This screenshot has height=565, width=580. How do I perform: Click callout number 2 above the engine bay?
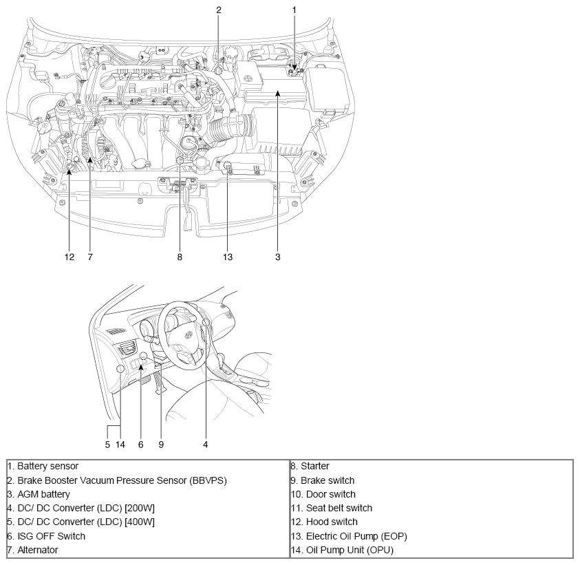pos(219,10)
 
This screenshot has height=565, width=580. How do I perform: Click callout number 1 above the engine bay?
pos(294,10)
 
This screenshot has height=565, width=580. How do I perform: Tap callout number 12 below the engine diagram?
pos(69,257)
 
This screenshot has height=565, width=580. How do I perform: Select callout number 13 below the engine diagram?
pos(228,257)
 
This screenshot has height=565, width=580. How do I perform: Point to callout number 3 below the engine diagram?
pos(278,257)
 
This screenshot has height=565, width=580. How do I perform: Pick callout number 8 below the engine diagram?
pos(180,257)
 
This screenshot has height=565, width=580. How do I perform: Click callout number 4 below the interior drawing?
pos(206,445)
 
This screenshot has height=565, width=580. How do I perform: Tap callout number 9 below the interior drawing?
pos(161,445)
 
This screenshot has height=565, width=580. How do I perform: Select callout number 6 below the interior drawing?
pos(141,445)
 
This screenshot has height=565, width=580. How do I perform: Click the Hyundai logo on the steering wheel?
pos(189,335)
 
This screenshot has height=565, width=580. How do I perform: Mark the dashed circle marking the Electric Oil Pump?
pos(227,165)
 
